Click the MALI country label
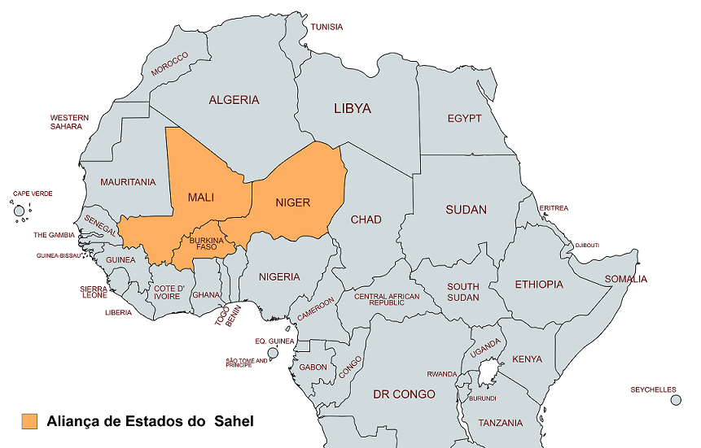201,198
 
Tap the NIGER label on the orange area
293,202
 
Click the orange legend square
29,421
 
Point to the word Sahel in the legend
234,421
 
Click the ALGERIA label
234,100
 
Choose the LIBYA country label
352,108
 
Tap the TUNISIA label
326,27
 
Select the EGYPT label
464,119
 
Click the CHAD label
366,220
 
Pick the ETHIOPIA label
538,285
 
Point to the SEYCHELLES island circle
675,400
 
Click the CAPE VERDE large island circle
19,211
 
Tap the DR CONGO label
404,394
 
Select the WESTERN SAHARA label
69,122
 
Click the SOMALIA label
625,280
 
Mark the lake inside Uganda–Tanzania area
489,374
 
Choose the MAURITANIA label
128,182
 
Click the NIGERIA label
279,276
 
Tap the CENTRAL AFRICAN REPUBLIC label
387,299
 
